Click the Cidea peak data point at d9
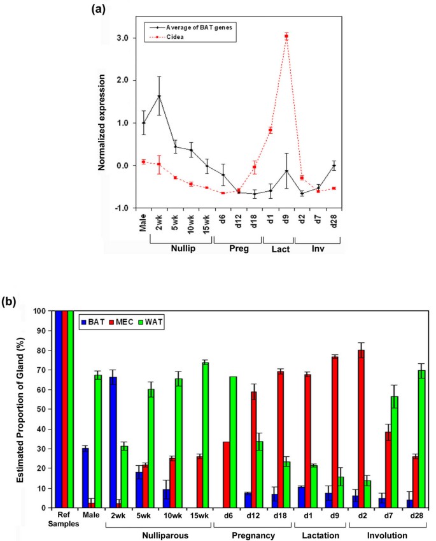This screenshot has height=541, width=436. tap(286, 36)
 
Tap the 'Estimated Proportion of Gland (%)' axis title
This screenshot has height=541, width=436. tap(21, 408)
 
